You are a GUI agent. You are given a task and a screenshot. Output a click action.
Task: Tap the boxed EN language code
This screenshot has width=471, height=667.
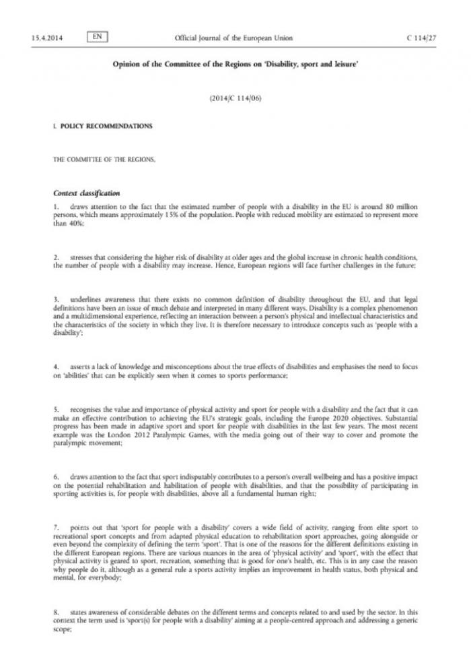pyautogui.click(x=97, y=36)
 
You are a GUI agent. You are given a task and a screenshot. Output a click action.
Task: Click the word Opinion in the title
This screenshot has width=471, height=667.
pyautogui.click(x=122, y=67)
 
